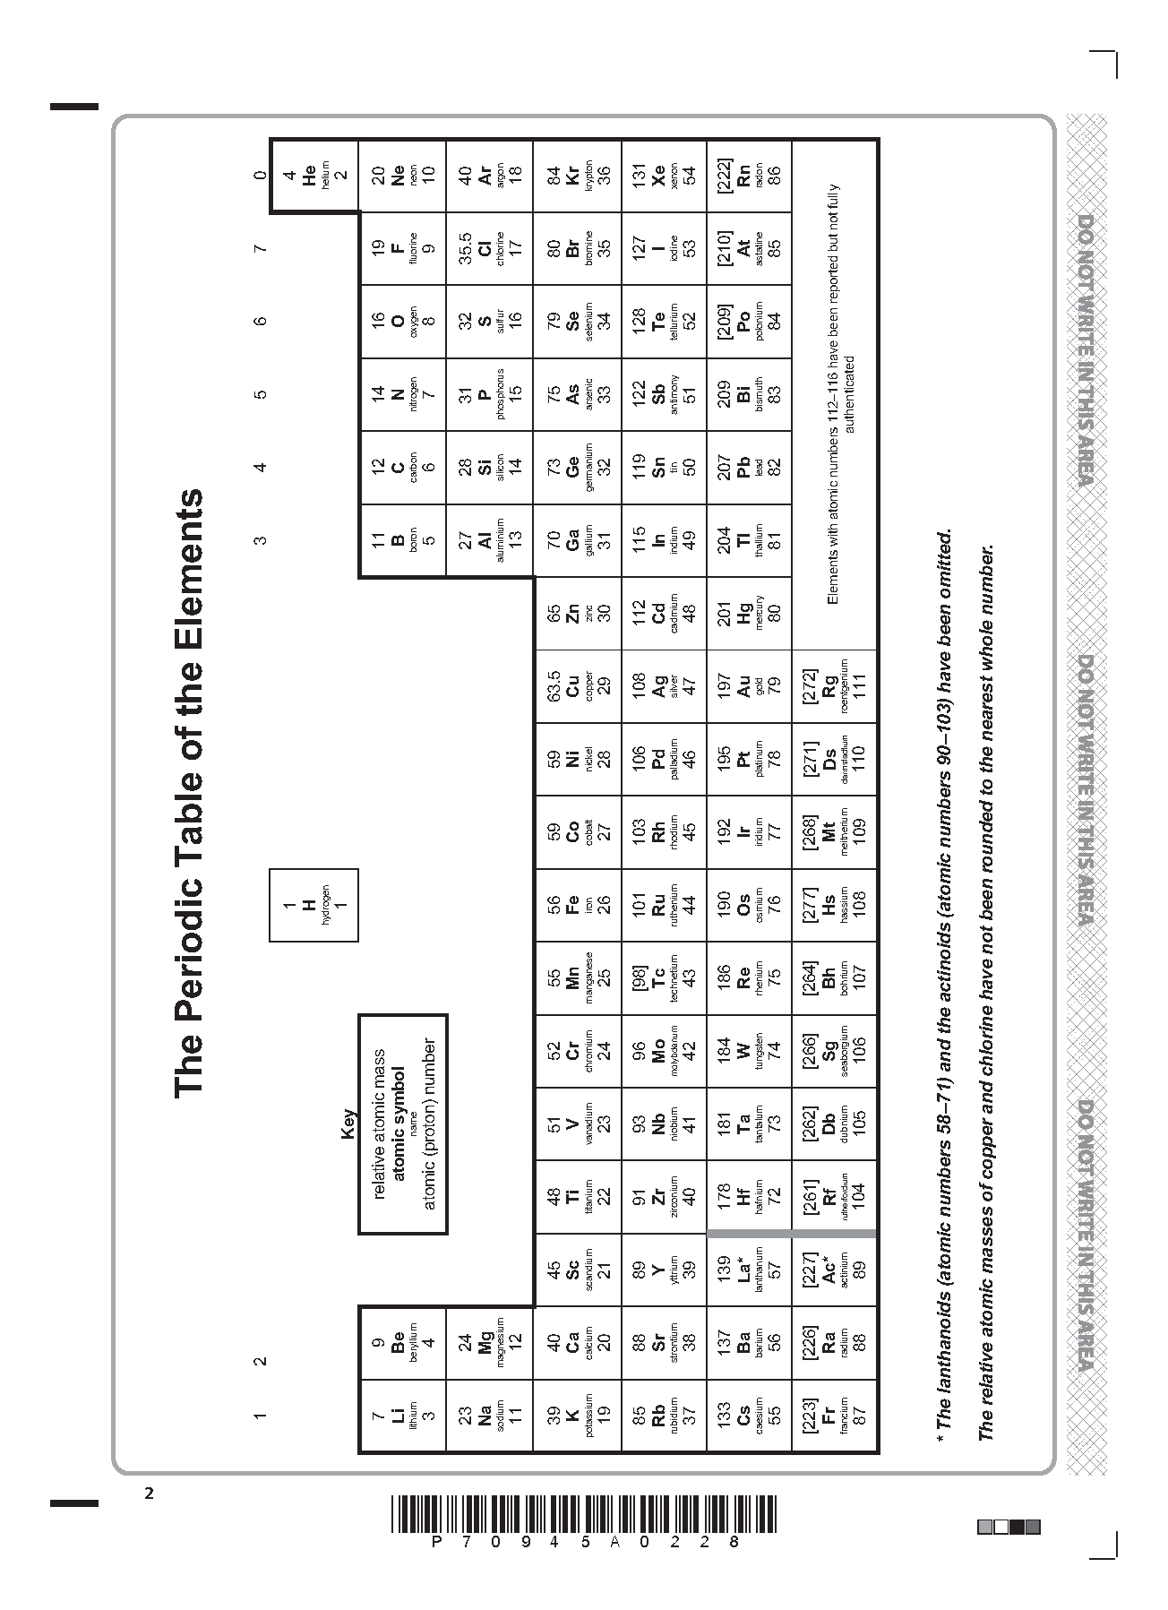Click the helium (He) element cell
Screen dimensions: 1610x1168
coord(314,176)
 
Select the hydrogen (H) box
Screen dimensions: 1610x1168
coord(314,905)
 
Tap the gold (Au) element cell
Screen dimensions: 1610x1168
coord(750,685)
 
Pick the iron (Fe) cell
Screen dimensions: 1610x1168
coord(579,905)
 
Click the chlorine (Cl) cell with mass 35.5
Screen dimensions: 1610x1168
coord(490,248)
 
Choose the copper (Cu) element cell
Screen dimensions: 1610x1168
coord(579,685)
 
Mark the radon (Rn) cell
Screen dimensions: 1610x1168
coord(750,176)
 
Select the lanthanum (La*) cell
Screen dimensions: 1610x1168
coord(750,1270)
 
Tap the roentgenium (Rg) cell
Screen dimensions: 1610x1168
coord(835,685)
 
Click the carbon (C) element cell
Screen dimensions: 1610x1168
coord(403,467)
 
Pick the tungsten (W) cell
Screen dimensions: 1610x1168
coord(750,1051)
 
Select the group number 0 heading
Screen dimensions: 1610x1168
coord(260,176)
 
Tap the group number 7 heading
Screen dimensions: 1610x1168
coord(260,248)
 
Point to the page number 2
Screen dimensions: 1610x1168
coord(150,1494)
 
